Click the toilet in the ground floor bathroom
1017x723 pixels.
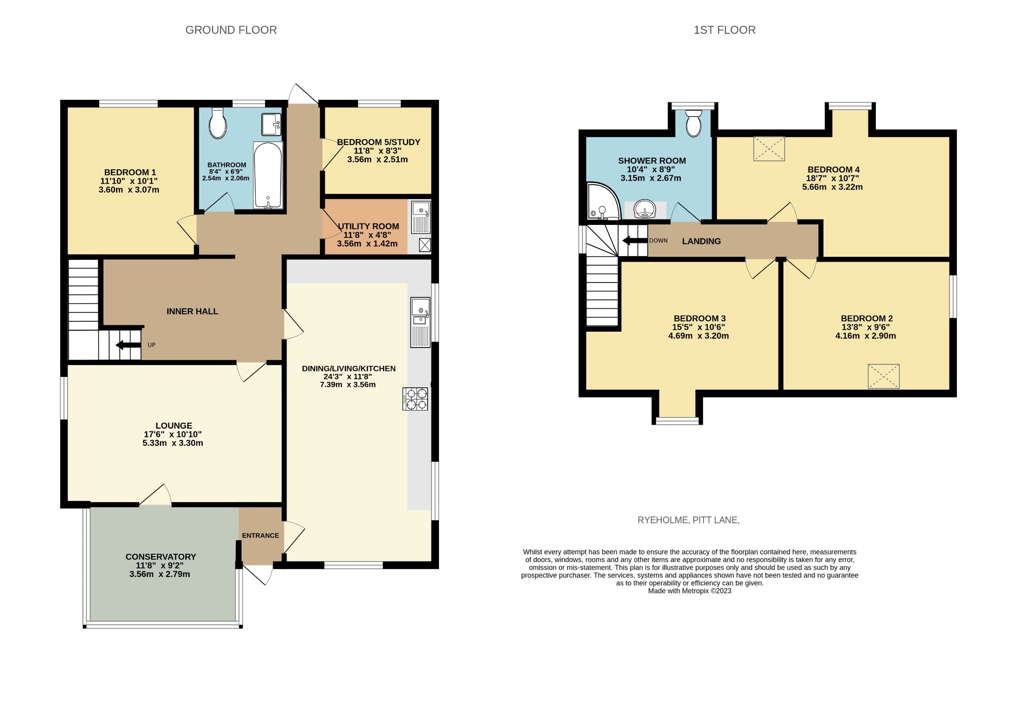(218, 123)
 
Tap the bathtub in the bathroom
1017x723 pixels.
(268, 175)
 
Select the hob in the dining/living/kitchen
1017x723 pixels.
(415, 399)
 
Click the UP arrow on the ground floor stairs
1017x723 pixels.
(128, 345)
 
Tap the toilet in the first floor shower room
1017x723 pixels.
(693, 123)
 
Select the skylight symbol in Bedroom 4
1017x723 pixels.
(769, 148)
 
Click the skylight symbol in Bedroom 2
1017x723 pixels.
(884, 376)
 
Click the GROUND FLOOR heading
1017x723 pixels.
(231, 30)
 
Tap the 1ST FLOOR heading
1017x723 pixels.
(725, 30)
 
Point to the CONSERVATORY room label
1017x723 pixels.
(161, 557)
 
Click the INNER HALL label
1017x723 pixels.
(192, 311)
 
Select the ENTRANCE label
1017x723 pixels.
(260, 535)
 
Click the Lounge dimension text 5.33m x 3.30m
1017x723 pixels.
(173, 443)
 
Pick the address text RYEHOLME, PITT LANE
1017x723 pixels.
(689, 520)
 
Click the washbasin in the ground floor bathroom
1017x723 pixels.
(271, 124)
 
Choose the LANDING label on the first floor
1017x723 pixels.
(701, 241)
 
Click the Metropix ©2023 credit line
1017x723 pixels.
(690, 591)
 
